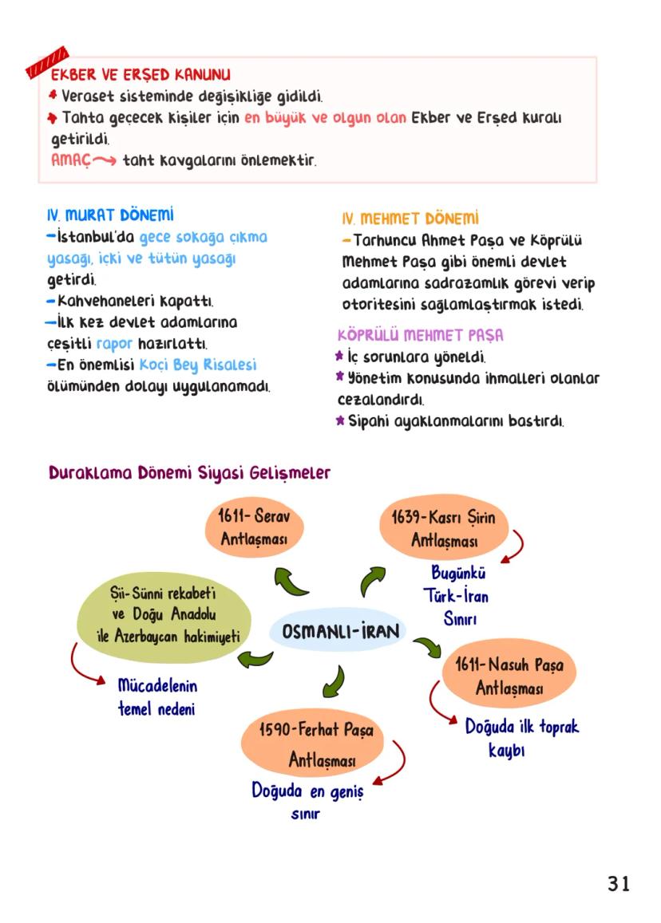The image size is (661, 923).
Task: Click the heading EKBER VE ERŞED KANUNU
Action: tap(141, 76)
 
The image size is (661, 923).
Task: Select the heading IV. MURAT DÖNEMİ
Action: tap(110, 216)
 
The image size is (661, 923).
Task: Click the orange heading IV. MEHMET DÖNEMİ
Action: tap(410, 219)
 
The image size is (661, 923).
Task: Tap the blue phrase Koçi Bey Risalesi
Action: tap(198, 365)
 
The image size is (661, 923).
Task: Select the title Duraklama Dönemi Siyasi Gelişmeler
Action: tap(189, 472)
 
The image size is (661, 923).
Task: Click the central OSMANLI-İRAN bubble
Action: tap(336, 632)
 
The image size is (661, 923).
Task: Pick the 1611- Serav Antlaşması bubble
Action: tap(254, 528)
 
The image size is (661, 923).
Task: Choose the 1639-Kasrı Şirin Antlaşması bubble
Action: tap(444, 530)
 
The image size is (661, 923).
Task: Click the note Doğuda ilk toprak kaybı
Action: tap(520, 738)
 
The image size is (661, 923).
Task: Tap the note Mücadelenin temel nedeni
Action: tap(156, 697)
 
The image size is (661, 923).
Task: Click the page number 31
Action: tap(619, 884)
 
